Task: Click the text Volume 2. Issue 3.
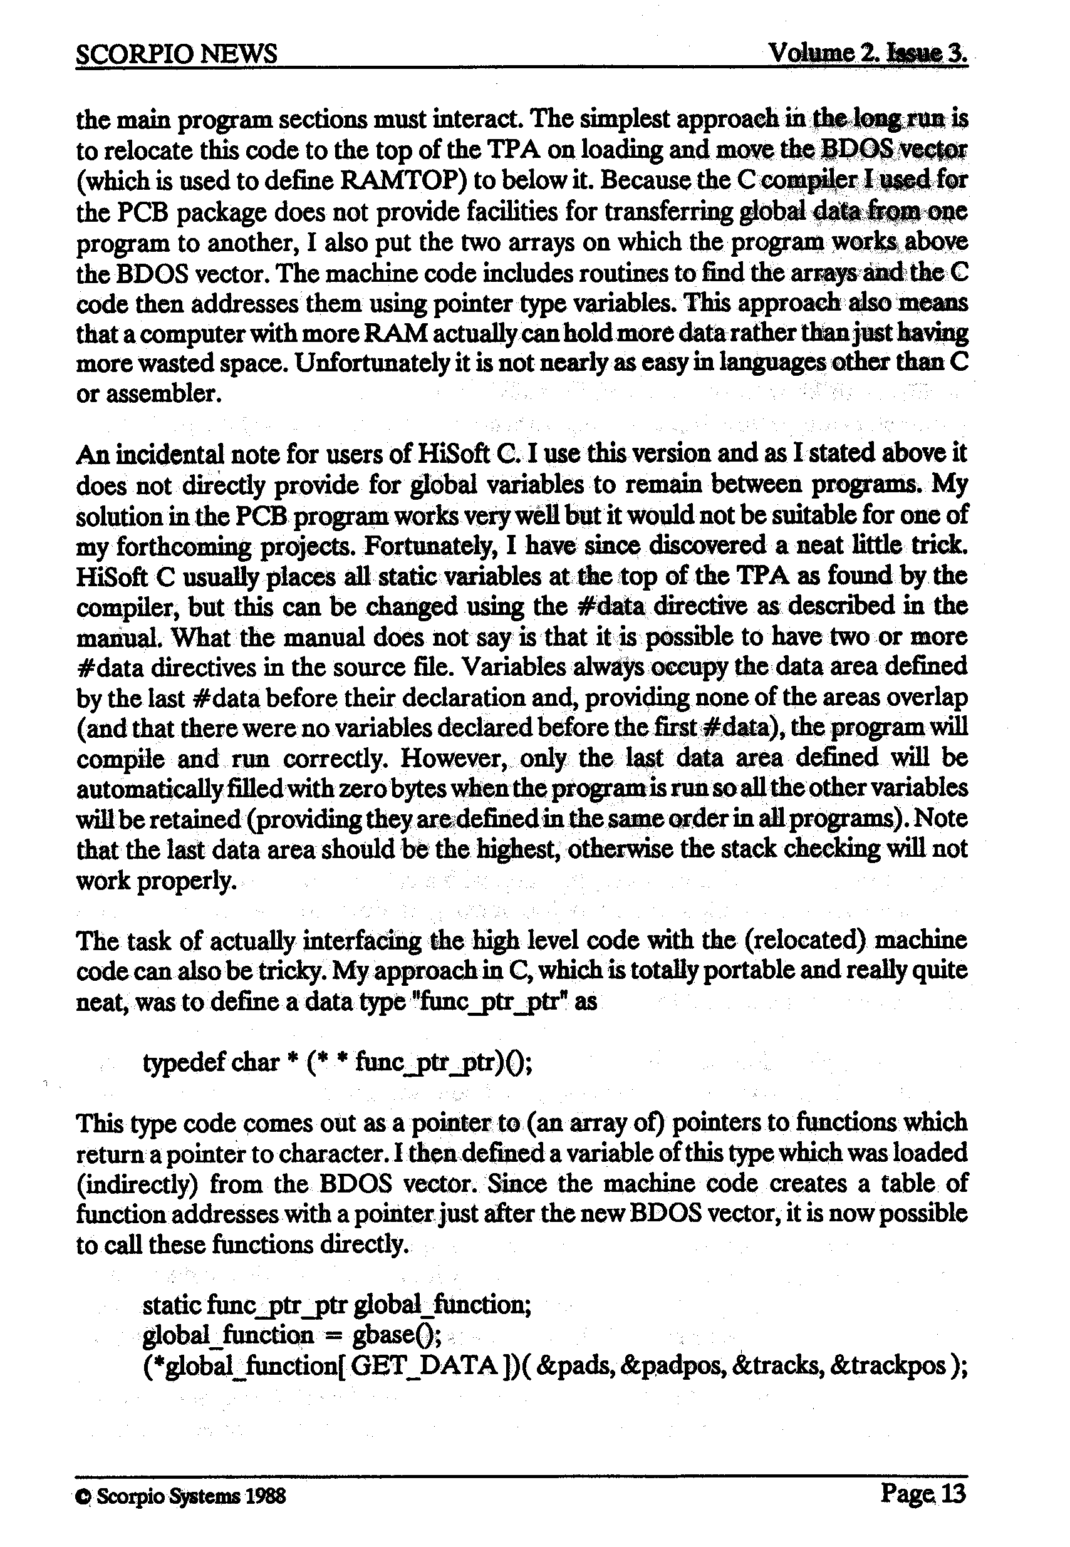click(868, 51)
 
